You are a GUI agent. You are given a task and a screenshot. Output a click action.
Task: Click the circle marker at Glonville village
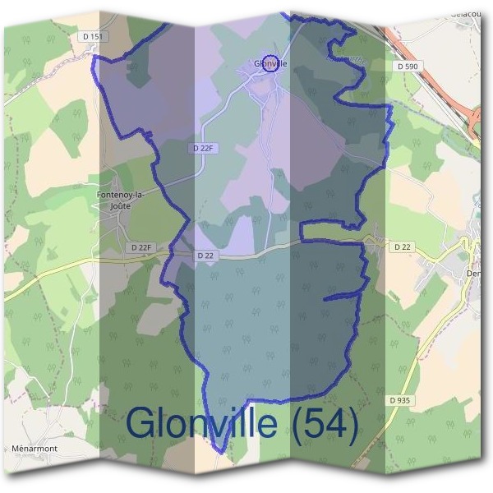coord(269,63)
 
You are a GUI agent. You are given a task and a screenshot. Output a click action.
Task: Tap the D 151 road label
coord(93,36)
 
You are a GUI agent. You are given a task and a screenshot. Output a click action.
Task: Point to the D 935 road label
coord(399,399)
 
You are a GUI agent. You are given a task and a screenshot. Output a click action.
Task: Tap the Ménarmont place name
coord(34,449)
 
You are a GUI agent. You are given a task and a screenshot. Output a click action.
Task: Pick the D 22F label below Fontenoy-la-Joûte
coord(141,246)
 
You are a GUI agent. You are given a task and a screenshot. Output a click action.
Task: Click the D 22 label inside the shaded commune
coord(205,256)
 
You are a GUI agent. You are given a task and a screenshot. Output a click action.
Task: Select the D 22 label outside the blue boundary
coord(402,246)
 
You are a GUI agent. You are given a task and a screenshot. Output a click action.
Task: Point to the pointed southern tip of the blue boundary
coord(219,451)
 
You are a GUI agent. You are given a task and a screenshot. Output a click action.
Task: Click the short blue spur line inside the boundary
coord(343,296)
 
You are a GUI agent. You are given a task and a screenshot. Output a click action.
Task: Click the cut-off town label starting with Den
coord(474,274)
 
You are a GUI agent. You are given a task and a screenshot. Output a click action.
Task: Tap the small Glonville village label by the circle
coord(270,63)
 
